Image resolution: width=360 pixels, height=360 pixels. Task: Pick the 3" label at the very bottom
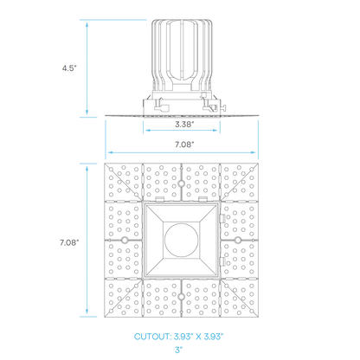(x=180, y=350)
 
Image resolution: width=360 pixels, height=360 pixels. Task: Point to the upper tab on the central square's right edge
(x=223, y=219)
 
